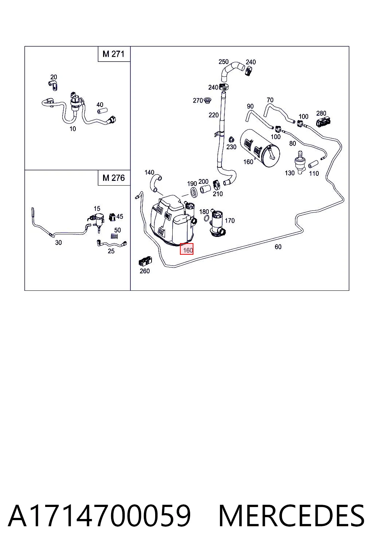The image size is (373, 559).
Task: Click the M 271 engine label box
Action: coord(114,54)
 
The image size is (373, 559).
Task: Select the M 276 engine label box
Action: coord(114,178)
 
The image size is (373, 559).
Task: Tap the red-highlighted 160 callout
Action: coord(186,249)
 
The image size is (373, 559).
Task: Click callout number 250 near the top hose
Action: coord(223,62)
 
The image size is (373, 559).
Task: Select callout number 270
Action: coord(198,100)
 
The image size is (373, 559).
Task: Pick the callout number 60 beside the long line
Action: coord(278,246)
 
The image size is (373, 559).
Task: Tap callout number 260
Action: coord(145,271)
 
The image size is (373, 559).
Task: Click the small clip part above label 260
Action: coord(145,261)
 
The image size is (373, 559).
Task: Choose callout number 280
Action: coord(321,113)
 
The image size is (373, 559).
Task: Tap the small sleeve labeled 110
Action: coord(313,164)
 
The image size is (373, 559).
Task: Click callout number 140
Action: coord(149,172)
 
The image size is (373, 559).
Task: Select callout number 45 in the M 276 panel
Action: coord(120,217)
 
